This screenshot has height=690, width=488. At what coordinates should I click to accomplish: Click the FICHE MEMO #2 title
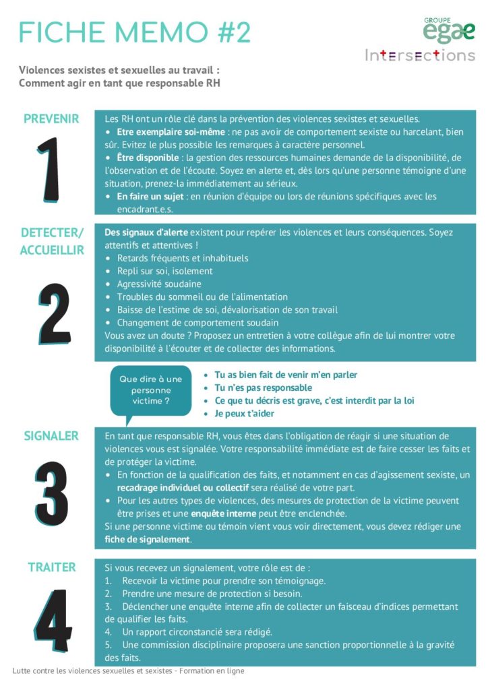(135, 32)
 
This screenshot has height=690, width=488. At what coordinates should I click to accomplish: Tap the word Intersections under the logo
(420, 55)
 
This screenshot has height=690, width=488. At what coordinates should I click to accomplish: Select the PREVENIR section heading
(51, 119)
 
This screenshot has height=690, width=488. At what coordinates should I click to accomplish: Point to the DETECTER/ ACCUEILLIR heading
(52, 241)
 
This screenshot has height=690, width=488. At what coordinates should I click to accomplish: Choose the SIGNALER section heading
(51, 436)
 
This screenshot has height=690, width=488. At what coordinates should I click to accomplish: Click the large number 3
(51, 493)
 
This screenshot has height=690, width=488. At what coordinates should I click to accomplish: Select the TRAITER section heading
(51, 567)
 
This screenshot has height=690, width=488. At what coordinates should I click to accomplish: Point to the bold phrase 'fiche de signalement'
(148, 540)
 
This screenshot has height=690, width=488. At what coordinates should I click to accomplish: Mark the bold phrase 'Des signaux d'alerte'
(146, 232)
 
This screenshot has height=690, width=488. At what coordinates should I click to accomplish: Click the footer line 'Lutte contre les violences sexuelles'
(128, 671)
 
